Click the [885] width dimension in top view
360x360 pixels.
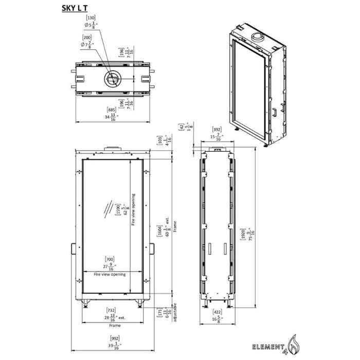[110, 110]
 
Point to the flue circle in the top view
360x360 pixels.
[112, 78]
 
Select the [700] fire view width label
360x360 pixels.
[109, 259]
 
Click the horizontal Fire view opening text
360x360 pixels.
[109, 276]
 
